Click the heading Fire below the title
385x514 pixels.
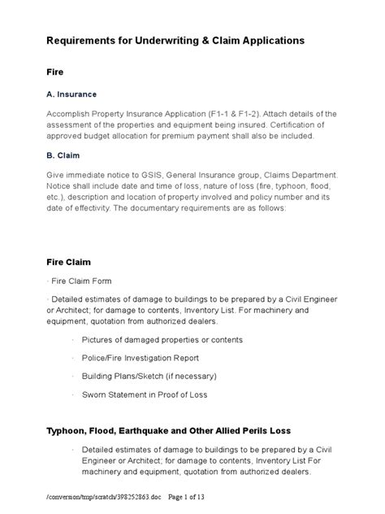coord(56,72)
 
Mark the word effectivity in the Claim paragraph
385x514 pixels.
coord(108,207)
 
